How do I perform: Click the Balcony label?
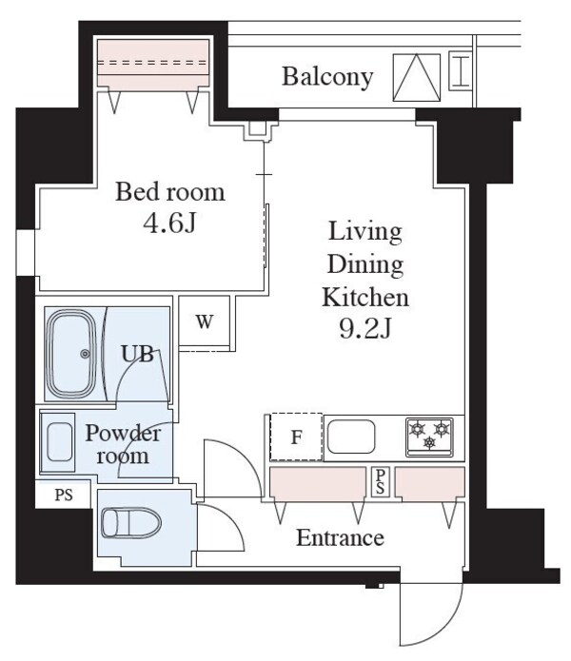click(x=326, y=77)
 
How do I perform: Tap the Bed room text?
click(x=170, y=192)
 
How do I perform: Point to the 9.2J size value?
click(x=365, y=329)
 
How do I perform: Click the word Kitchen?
click(x=365, y=297)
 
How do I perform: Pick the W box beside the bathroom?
click(x=204, y=321)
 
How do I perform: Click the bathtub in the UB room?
click(x=72, y=354)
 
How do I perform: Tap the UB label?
click(x=135, y=355)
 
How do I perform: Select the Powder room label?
click(x=123, y=444)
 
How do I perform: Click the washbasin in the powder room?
click(x=60, y=443)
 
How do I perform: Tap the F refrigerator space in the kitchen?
click(x=296, y=438)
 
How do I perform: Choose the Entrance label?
click(x=340, y=538)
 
